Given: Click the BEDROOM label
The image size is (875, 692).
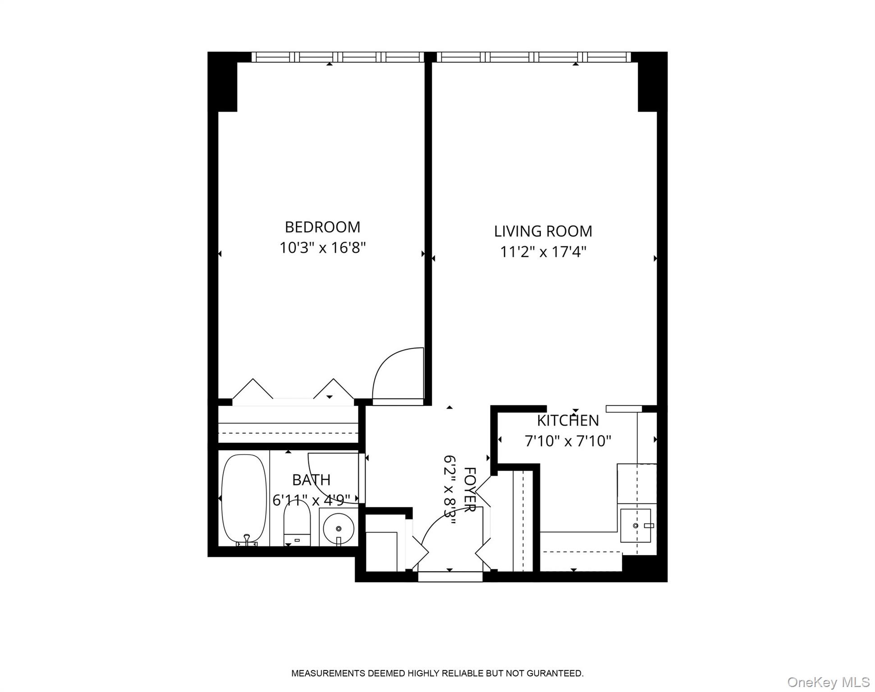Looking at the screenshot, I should (x=322, y=227).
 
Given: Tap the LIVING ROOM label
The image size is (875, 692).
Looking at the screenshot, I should (x=543, y=231).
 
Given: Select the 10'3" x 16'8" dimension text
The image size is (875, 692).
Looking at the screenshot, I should (x=322, y=248).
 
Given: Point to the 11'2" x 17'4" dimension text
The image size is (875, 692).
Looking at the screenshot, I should (x=543, y=252).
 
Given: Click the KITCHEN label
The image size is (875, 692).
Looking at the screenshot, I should (x=568, y=420).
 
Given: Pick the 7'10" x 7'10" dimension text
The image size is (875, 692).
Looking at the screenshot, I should (x=568, y=441).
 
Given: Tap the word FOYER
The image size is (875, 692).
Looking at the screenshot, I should (x=470, y=490).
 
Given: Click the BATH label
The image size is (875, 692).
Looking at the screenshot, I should (x=311, y=480).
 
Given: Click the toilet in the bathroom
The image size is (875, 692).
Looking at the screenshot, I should (x=297, y=525).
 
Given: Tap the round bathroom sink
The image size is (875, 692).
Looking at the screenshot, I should (x=338, y=528).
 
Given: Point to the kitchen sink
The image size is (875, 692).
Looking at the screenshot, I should (x=636, y=525).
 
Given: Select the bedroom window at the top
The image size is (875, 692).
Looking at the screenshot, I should (x=337, y=57).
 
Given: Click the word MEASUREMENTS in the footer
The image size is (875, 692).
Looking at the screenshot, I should (x=328, y=674).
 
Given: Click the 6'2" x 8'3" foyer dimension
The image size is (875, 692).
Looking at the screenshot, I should (x=449, y=490).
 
